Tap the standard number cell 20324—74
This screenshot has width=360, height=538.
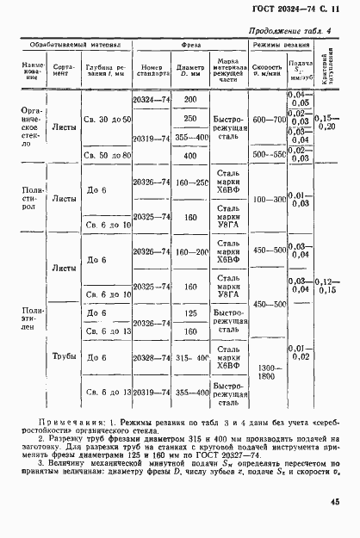point(151,100)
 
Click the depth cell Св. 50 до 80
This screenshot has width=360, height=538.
point(107,156)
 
